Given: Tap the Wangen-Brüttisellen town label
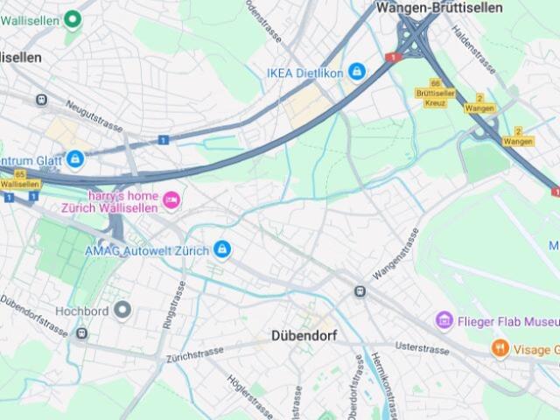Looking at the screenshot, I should [x=439, y=8].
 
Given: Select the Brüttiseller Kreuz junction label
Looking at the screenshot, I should [x=435, y=97].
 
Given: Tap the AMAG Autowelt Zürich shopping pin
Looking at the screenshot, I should [x=222, y=250].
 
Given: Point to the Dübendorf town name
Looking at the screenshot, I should [x=304, y=335].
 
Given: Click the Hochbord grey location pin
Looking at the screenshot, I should [x=122, y=310].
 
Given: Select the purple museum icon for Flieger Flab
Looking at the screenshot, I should [x=444, y=320].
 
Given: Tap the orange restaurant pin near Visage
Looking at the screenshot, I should [x=500, y=348].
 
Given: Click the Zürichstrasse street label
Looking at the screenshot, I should [x=195, y=354].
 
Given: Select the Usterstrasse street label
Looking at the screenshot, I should [x=422, y=348].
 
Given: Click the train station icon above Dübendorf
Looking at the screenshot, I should [x=360, y=291].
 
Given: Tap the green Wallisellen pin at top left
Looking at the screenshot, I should [x=73, y=18].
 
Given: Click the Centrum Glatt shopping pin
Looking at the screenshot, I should [x=75, y=160].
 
